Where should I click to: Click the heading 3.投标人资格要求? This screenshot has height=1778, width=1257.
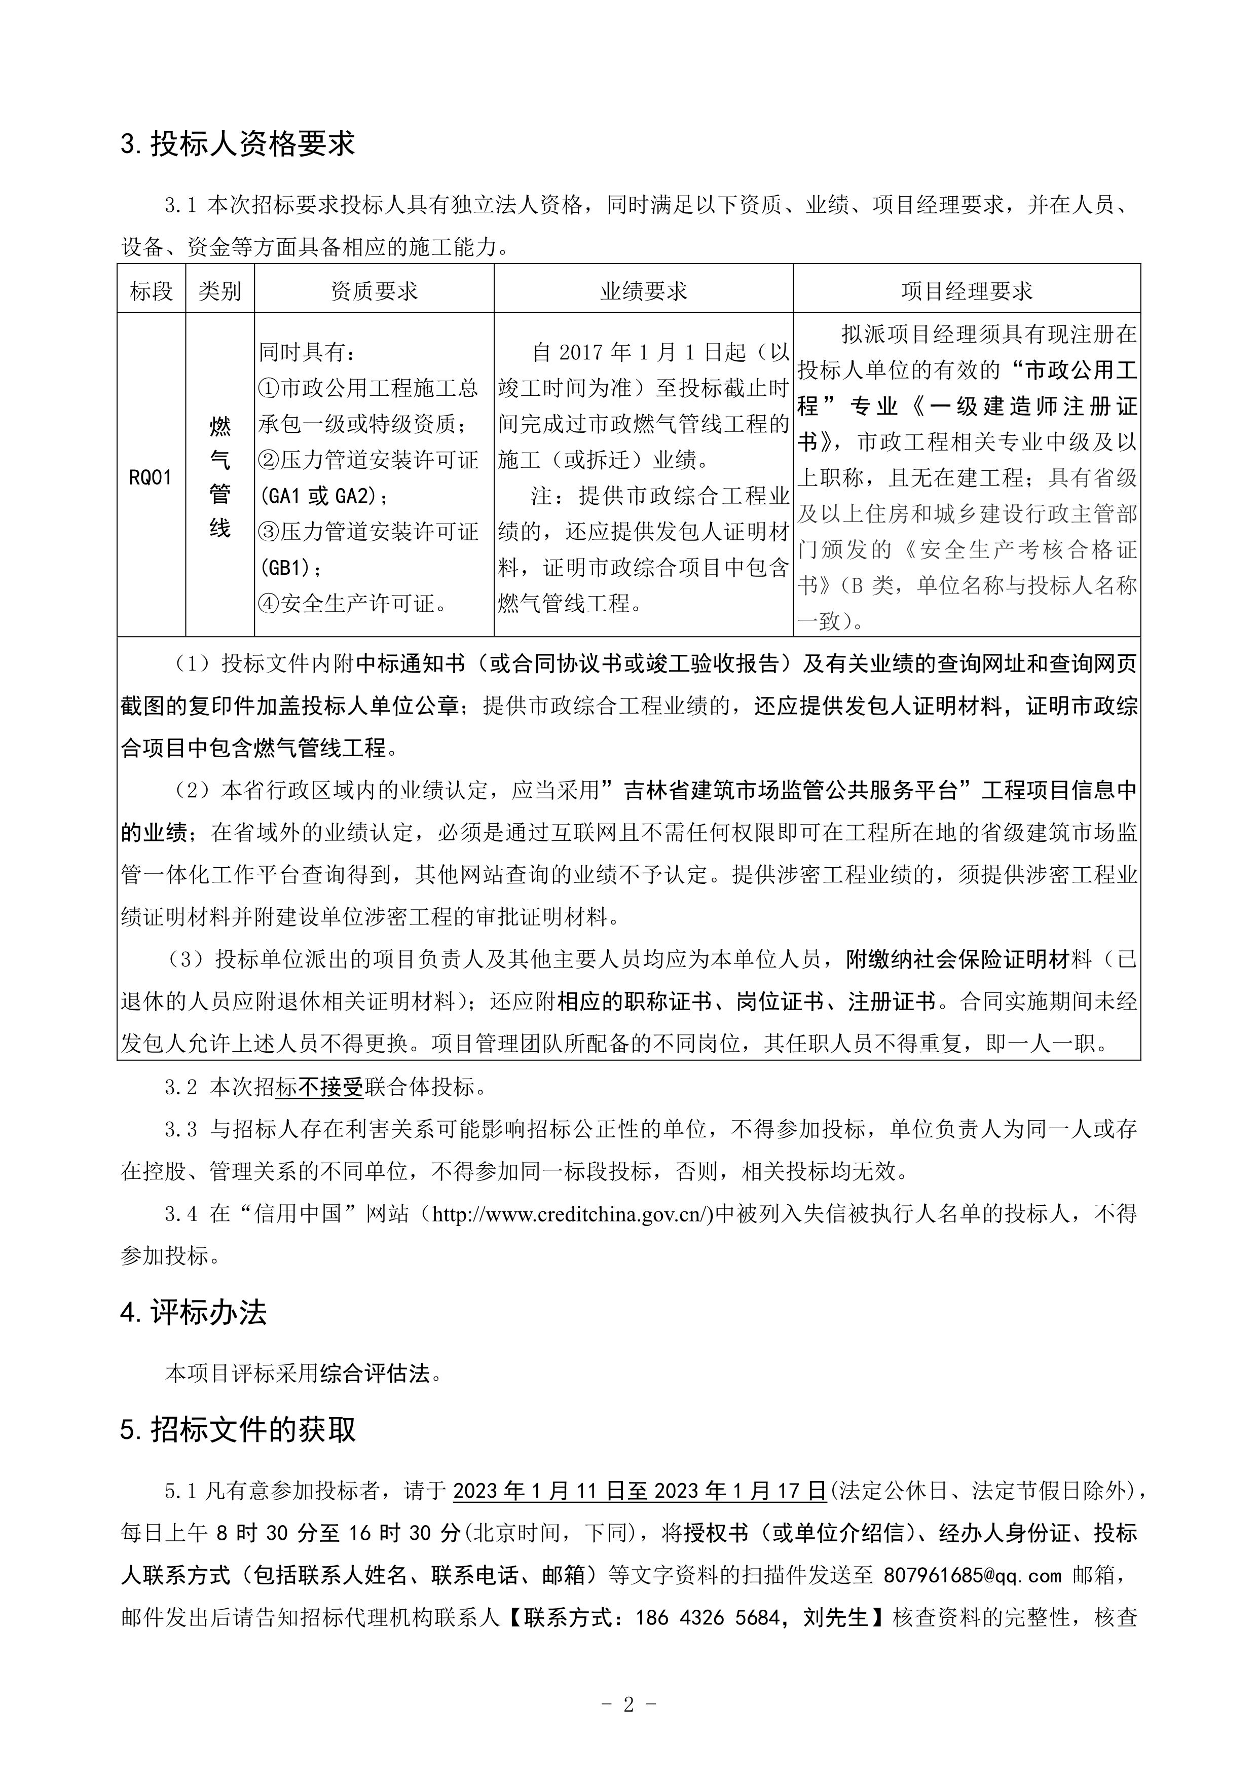(238, 144)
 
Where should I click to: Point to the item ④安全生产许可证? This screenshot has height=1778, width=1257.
(354, 603)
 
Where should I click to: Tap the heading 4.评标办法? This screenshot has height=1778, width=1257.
(194, 1312)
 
